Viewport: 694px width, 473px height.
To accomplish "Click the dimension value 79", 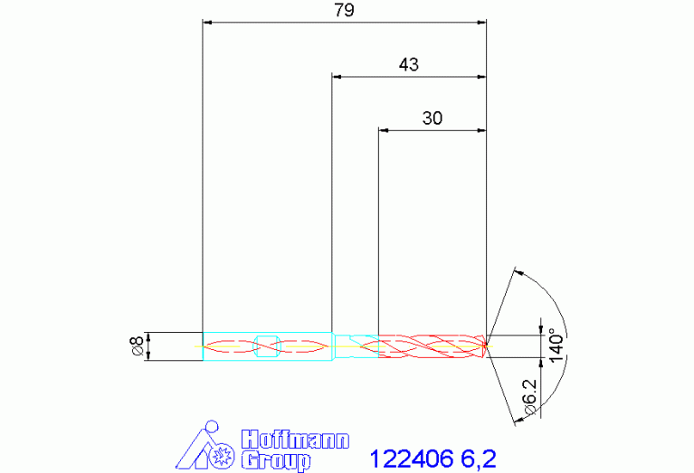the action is tap(345, 10).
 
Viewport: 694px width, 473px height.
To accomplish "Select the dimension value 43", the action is tap(408, 64).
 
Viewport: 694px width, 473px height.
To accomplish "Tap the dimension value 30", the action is tap(432, 118).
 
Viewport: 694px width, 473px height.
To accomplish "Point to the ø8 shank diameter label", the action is tap(137, 346).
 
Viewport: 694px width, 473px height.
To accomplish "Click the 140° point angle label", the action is tap(556, 345).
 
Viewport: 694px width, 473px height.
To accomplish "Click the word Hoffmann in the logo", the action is tap(295, 440).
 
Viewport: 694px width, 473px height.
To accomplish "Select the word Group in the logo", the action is tap(276, 461).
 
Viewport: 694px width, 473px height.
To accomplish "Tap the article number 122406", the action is tap(411, 459).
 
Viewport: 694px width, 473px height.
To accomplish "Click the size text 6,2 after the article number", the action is tap(479, 459).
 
